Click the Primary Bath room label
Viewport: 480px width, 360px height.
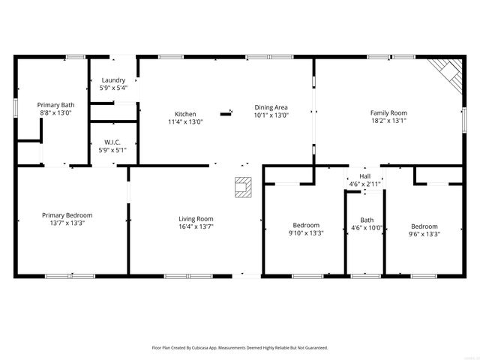click(56, 105)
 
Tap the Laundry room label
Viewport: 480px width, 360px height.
click(113, 79)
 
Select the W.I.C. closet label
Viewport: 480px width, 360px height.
click(113, 142)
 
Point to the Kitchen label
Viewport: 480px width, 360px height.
click(185, 114)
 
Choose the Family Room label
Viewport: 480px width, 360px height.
click(388, 113)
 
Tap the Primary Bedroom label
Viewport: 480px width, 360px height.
click(67, 215)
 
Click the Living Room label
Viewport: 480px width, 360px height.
click(196, 218)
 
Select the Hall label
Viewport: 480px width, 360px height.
click(364, 177)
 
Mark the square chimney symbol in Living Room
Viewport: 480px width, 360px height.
click(242, 187)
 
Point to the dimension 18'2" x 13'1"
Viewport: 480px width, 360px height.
click(388, 121)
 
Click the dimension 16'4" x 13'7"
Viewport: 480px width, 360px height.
click(196, 226)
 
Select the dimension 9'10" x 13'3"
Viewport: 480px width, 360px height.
click(306, 233)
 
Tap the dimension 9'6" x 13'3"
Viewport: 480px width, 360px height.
click(424, 234)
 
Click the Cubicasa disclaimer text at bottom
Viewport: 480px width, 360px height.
click(240, 348)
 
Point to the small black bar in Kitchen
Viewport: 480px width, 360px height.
click(226, 114)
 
